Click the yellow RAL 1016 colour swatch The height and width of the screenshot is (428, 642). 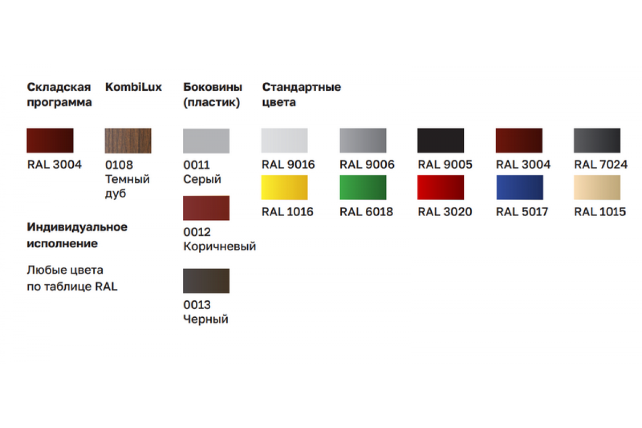point(284,187)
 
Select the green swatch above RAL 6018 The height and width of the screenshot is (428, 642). point(363,187)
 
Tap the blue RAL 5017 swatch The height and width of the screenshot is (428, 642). point(519,187)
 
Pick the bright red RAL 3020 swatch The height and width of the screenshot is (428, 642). point(441,187)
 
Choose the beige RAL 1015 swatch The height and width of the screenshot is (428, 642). point(597,187)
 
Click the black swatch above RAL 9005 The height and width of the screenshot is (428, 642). point(441,141)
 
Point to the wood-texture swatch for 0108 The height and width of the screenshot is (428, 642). point(128,141)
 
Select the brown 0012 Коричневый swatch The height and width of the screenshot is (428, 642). point(206,208)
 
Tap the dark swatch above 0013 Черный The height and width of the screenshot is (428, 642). point(206,281)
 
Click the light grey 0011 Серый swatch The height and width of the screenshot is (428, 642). point(206,141)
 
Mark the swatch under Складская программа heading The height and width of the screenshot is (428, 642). point(50,141)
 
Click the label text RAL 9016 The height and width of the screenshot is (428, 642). point(288,165)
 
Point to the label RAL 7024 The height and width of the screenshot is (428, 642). point(600,165)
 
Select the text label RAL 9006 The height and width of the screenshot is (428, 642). point(367,165)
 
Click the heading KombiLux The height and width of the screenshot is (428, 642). point(133,87)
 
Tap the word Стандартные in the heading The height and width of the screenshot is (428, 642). point(301,87)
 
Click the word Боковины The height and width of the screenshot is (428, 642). point(212,87)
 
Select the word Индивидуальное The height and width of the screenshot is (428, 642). point(77,227)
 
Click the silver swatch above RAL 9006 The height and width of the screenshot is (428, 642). point(363,141)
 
